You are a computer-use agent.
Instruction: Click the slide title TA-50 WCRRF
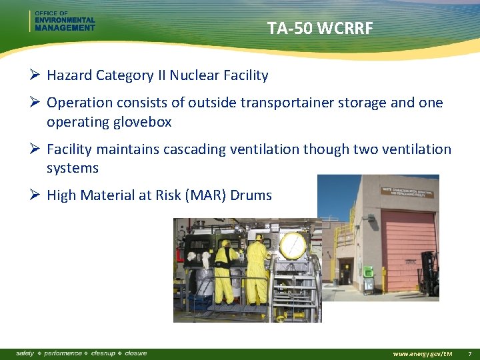(x=319, y=29)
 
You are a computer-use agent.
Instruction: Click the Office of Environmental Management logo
(x=64, y=21)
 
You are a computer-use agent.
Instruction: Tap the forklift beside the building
(x=431, y=273)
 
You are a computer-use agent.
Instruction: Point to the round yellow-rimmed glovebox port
(x=293, y=246)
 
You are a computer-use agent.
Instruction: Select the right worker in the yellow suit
(x=257, y=270)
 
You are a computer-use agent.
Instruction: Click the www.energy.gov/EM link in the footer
(x=423, y=353)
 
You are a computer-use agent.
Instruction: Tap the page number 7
(x=469, y=353)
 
